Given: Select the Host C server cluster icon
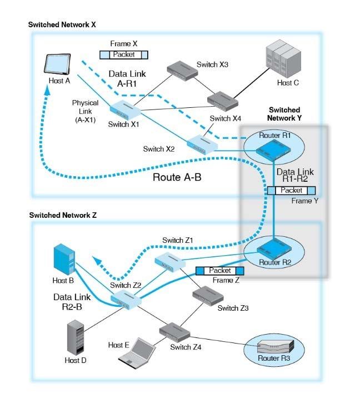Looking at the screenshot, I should pyautogui.click(x=283, y=61).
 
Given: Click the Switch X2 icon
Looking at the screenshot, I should pyautogui.click(x=201, y=143).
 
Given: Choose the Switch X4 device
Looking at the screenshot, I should pyautogui.click(x=223, y=98).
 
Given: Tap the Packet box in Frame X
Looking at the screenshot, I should pyautogui.click(x=124, y=54).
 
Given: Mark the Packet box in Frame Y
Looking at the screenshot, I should pyautogui.click(x=291, y=190).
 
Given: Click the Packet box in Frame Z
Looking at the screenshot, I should pyautogui.click(x=221, y=270).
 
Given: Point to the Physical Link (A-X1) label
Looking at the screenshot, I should pyautogui.click(x=85, y=111).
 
